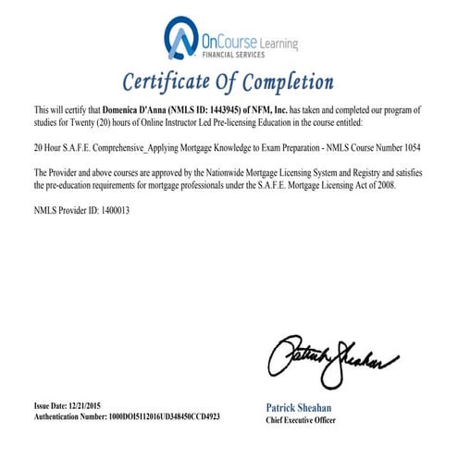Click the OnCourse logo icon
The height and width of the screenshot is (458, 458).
(180, 38)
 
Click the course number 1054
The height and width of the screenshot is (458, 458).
(412, 146)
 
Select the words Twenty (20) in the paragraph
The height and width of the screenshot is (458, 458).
(106, 121)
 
